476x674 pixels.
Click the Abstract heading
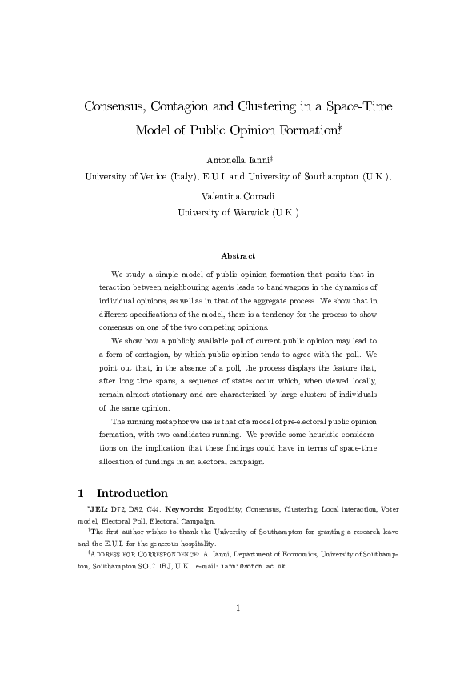tap(238, 256)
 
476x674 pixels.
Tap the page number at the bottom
tap(238, 608)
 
